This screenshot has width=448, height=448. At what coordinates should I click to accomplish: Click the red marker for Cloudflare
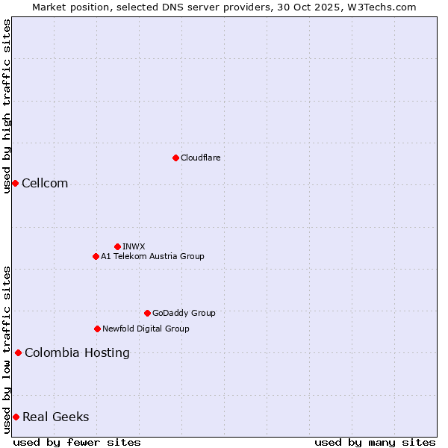[175, 158]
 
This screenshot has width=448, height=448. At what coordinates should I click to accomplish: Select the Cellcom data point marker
[15, 183]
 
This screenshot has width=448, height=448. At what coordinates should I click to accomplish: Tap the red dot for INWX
[117, 246]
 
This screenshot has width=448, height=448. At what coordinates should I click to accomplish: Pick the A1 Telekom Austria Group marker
[96, 256]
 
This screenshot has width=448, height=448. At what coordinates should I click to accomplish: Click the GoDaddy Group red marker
[147, 313]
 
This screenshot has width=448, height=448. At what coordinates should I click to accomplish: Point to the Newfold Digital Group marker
[97, 329]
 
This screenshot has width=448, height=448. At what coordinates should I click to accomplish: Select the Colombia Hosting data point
[18, 352]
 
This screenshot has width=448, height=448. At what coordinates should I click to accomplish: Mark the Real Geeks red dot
[16, 417]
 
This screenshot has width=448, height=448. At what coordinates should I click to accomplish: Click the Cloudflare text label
[201, 158]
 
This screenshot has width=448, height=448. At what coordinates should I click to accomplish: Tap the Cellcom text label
[45, 184]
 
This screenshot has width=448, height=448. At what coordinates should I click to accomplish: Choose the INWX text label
[134, 246]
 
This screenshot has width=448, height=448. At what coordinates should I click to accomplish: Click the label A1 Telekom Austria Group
[152, 256]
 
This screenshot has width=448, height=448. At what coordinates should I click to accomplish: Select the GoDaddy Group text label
[184, 313]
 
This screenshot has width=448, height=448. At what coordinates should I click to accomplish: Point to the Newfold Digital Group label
[146, 329]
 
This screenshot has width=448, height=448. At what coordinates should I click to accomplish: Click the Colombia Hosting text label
[77, 353]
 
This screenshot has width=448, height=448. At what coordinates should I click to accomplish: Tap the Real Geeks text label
[56, 417]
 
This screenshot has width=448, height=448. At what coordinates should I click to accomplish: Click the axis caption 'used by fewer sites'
[77, 442]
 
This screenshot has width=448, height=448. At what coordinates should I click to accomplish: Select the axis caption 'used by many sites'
[375, 442]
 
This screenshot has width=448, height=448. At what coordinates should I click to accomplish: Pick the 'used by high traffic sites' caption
[7, 106]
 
